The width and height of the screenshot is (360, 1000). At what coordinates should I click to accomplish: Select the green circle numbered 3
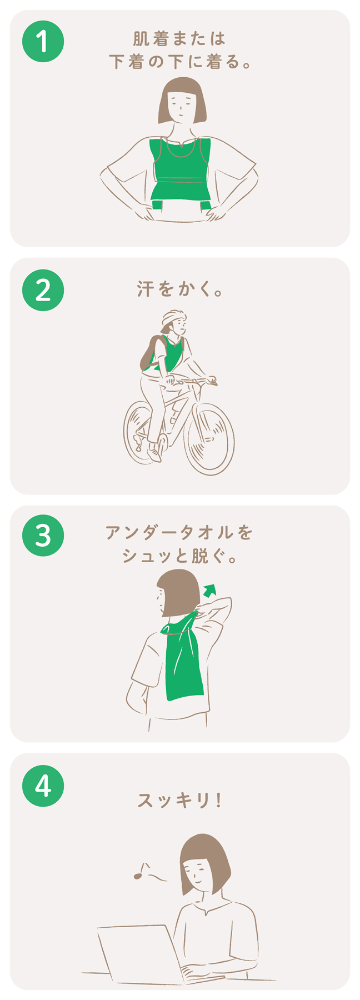click(43, 537)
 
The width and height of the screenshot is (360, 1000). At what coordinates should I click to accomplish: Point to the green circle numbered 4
click(43, 786)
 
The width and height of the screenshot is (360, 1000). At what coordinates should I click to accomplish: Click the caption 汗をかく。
click(180, 289)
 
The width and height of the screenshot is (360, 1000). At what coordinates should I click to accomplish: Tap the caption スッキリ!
click(179, 801)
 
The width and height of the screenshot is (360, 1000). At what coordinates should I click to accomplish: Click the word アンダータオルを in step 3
click(179, 533)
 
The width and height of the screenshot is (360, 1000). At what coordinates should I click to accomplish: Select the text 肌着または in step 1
click(180, 39)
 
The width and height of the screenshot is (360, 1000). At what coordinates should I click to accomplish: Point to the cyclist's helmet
click(173, 317)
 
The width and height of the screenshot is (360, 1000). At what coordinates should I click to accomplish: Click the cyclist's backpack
click(149, 353)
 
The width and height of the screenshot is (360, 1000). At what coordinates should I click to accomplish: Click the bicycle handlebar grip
click(212, 381)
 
